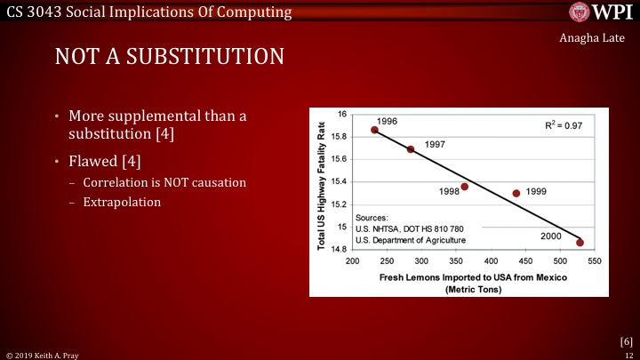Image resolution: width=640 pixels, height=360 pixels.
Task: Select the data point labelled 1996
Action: (x=374, y=130)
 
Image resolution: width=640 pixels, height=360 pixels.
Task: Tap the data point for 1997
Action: (x=411, y=149)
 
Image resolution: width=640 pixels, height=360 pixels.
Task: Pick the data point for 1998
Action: (x=464, y=187)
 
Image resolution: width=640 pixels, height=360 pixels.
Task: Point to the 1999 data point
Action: (x=516, y=193)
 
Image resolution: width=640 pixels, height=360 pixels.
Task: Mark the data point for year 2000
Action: (x=580, y=243)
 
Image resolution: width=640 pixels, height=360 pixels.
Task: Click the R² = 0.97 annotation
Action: (x=563, y=126)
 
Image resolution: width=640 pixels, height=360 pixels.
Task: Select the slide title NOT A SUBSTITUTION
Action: (x=169, y=56)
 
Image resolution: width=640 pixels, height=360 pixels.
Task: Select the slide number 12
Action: (x=629, y=354)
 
